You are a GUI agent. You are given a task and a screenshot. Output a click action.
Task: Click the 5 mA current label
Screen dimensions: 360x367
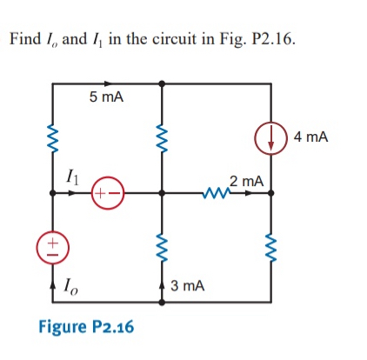tap(107, 97)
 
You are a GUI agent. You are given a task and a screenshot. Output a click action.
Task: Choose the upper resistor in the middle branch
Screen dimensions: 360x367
tap(161, 137)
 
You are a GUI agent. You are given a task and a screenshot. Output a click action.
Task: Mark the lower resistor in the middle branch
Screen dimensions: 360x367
tap(161, 246)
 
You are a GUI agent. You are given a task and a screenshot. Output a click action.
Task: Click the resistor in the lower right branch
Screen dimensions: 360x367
tap(270, 246)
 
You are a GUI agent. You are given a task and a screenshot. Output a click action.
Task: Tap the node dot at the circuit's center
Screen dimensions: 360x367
tap(161, 194)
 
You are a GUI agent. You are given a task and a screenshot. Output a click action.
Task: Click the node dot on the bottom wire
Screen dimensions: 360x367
tap(161, 303)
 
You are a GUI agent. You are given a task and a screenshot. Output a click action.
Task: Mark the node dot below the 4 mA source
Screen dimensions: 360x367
tap(270, 194)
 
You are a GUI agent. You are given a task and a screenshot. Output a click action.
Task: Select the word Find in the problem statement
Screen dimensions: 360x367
tap(23, 40)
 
